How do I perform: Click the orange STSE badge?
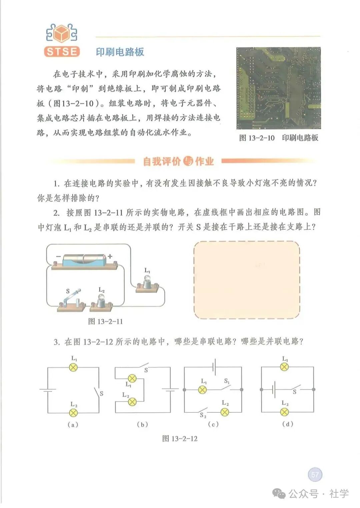tap(62, 52)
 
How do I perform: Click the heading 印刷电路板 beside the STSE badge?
tap(120, 52)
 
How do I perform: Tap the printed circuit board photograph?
tap(278, 88)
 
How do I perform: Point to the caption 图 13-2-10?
tap(257, 138)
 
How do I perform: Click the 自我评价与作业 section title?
tap(179, 161)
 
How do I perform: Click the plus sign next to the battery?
tap(110, 256)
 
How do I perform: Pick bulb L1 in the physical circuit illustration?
tap(147, 284)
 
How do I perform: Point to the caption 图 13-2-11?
tap(105, 321)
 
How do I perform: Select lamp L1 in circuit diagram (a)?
tap(73, 367)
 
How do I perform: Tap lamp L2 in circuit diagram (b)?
tap(132, 402)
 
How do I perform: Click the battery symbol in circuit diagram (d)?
tap(273, 389)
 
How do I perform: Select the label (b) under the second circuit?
tap(142, 424)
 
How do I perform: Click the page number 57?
tap(315, 474)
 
